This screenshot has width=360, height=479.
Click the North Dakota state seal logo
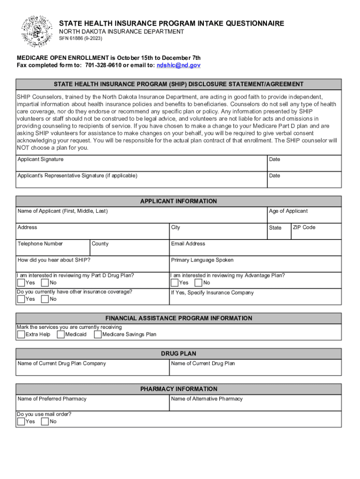tap(37, 31)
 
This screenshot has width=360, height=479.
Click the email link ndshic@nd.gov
tap(179, 65)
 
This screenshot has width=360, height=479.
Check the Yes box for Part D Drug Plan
tap(21, 283)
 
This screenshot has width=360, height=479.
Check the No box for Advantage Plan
tap(198, 283)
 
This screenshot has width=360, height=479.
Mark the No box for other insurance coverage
tap(45, 299)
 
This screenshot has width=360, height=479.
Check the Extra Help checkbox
tap(21, 334)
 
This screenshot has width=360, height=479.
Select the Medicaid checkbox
tap(61, 334)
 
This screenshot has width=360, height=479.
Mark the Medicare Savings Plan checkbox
tap(98, 334)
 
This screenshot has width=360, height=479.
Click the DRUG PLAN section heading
tap(179, 354)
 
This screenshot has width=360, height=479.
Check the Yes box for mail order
tap(21, 421)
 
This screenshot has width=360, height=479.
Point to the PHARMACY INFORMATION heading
tap(179, 389)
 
